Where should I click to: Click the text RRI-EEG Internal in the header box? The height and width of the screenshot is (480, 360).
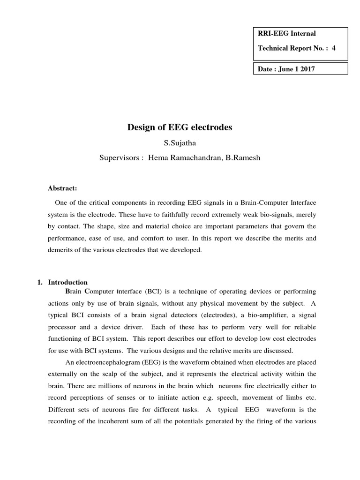click(287, 33)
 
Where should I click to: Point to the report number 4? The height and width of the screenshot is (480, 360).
click(334, 48)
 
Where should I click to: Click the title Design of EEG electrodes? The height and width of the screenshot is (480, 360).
click(180, 127)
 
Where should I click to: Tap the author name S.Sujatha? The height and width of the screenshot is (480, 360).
click(180, 142)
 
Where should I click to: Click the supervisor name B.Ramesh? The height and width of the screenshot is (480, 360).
click(244, 157)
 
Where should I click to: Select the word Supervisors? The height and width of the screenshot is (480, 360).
click(120, 157)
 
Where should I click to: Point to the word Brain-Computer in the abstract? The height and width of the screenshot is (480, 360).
click(263, 202)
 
